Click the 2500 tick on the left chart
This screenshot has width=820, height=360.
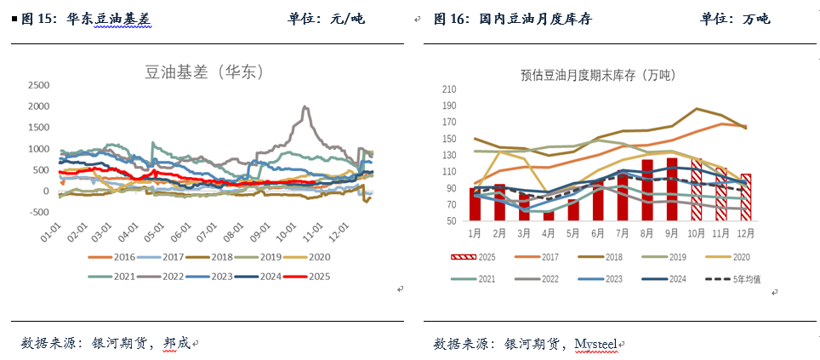click(39, 85)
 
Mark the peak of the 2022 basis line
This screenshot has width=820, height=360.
click(305, 107)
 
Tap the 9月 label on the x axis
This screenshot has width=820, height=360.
click(672, 232)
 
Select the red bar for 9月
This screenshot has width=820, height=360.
click(672, 189)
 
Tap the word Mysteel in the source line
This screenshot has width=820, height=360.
click(595, 343)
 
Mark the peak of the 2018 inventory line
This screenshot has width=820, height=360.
click(698, 109)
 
